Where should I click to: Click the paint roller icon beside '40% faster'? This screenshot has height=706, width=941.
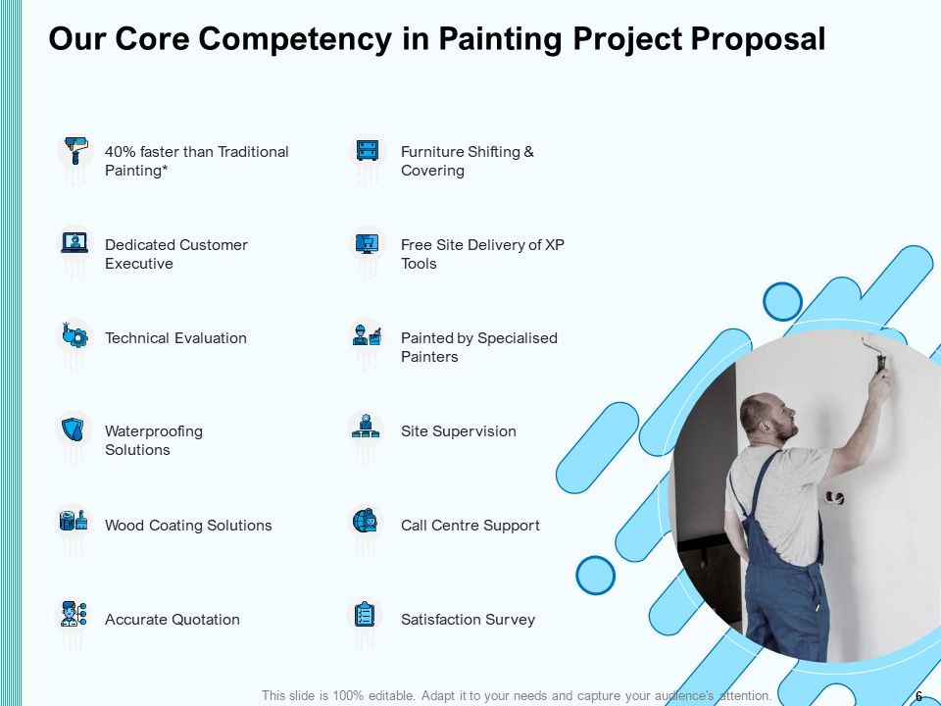pyautogui.click(x=74, y=152)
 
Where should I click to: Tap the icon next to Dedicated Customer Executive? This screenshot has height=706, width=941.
pyautogui.click(x=74, y=243)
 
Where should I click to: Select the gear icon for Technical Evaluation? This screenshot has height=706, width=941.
pyautogui.click(x=74, y=336)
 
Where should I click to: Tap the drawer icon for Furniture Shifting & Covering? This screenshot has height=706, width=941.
pyautogui.click(x=368, y=151)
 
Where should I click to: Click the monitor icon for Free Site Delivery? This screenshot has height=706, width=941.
pyautogui.click(x=368, y=243)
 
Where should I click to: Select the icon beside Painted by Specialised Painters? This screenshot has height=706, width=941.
pyautogui.click(x=368, y=335)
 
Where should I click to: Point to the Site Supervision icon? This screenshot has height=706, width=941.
pyautogui.click(x=367, y=428)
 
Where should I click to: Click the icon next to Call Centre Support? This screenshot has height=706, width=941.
pyautogui.click(x=367, y=522)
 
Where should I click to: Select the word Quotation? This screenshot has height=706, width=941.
pyautogui.click(x=206, y=620)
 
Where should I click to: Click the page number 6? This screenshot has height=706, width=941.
pyautogui.click(x=918, y=696)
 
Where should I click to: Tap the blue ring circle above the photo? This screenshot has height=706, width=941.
pyautogui.click(x=782, y=302)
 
